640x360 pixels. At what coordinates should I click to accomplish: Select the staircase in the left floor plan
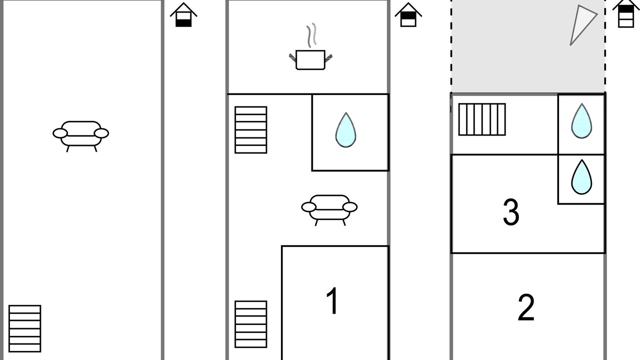25,328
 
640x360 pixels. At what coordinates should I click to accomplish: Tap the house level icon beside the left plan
183,15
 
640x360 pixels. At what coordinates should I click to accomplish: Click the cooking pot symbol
310,59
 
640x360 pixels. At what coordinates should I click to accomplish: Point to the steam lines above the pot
311,35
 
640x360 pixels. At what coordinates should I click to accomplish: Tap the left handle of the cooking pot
292,57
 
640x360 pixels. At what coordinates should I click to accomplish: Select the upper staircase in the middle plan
251,130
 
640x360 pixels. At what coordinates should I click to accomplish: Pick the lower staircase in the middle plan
251,324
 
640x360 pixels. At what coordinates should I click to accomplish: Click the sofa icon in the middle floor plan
329,210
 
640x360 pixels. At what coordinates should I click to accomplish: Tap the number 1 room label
332,300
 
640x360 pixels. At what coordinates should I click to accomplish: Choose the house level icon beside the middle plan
408,15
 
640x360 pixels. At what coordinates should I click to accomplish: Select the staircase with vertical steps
482,119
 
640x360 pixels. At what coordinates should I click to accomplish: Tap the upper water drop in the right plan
581,121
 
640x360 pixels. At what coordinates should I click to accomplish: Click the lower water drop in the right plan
581,177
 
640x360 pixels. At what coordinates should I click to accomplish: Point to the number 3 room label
511,212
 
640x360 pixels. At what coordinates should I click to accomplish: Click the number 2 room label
526,307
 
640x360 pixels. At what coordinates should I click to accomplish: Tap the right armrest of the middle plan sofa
350,207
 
